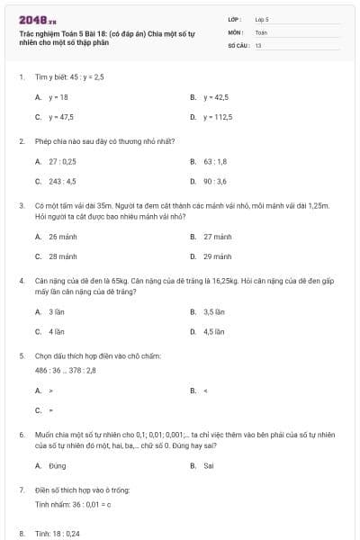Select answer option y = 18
(58, 97)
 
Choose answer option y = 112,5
(218, 117)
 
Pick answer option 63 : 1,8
(215, 161)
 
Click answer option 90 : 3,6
(215, 181)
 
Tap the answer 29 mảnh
(218, 256)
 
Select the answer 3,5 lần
(213, 311)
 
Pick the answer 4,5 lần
(213, 331)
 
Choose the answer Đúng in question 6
(58, 465)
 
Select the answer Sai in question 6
(209, 465)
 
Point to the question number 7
(21, 490)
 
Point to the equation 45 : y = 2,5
(79, 77)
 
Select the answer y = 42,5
(216, 97)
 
